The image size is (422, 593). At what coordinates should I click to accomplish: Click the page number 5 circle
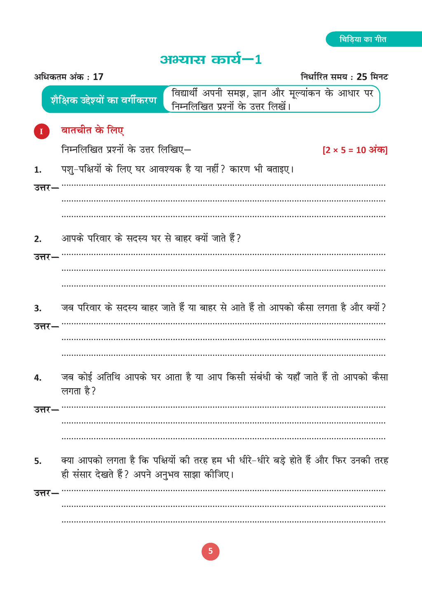[211, 551]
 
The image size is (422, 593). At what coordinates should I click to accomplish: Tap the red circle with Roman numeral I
[41, 131]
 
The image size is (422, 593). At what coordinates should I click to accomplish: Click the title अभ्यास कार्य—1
[211, 60]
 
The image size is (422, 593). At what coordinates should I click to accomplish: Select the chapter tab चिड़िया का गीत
[363, 40]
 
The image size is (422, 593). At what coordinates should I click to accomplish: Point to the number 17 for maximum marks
[98, 77]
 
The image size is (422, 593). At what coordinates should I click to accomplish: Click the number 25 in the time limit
[362, 77]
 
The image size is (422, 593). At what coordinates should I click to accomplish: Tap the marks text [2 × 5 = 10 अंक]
[355, 150]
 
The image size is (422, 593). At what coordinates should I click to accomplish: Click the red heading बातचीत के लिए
[92, 131]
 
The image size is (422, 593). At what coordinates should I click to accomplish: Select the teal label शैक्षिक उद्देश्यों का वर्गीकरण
[103, 100]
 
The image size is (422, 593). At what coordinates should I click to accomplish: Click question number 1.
[38, 170]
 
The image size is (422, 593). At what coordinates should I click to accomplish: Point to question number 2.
[38, 239]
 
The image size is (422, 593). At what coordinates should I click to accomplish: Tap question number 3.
[38, 308]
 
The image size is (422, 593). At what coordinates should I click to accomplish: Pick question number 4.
[38, 378]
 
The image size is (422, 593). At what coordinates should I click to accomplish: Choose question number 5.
[38, 461]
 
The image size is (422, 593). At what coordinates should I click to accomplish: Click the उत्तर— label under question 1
[46, 188]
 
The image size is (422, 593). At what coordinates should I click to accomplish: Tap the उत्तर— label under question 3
[46, 327]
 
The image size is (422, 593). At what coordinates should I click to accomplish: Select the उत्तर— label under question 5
[46, 493]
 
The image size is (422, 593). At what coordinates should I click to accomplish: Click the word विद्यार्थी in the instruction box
[184, 93]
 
